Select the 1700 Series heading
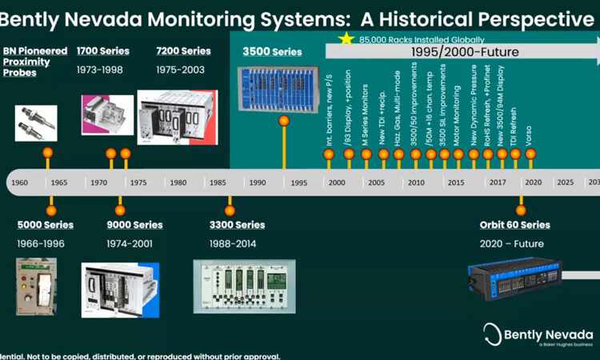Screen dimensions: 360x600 [x=102, y=51]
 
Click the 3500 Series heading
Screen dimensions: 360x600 [x=272, y=52]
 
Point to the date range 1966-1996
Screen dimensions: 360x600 [x=41, y=243]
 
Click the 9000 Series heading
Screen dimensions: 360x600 [x=134, y=225]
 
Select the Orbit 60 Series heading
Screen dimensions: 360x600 [x=514, y=225]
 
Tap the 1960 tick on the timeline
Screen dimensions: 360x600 [x=20, y=183]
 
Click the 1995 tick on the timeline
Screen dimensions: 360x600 [x=298, y=183]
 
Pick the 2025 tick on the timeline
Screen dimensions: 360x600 [x=565, y=183]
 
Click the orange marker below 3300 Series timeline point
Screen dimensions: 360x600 [x=230, y=210]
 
